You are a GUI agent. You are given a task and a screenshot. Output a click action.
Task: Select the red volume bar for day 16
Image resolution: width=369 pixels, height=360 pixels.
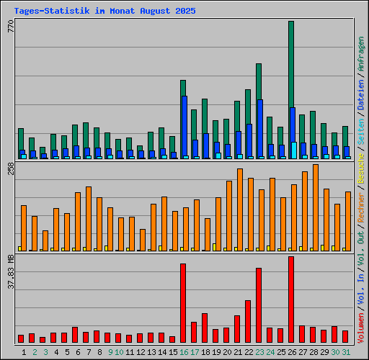[183, 302]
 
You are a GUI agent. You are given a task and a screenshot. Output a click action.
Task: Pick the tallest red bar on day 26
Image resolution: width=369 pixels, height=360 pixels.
[291, 299]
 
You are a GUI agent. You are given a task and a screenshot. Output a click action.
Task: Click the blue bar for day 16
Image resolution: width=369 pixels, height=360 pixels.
[184, 126]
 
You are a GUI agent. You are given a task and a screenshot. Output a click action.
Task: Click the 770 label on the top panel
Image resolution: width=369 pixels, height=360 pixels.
[10, 27]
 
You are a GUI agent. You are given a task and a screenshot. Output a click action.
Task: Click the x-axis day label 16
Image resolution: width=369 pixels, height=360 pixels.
[184, 351]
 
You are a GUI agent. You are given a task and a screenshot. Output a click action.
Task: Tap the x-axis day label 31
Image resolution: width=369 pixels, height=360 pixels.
[346, 351]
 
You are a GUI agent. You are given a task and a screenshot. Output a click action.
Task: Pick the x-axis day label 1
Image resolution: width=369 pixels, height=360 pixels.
[24, 351]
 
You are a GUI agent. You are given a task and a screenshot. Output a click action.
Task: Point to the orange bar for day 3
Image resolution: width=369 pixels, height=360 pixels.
[45, 240]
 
